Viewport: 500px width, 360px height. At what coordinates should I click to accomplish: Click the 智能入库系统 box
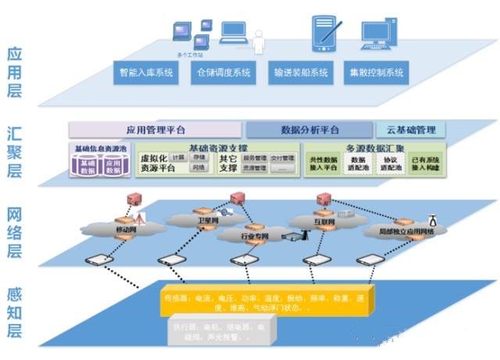click(x=146, y=73)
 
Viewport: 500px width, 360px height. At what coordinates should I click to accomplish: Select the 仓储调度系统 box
click(x=224, y=73)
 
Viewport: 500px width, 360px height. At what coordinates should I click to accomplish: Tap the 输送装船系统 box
click(x=301, y=73)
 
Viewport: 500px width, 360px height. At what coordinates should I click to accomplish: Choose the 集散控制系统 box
click(x=377, y=73)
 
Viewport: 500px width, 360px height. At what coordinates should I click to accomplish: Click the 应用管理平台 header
click(x=156, y=130)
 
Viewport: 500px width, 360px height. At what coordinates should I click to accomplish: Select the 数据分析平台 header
click(x=309, y=130)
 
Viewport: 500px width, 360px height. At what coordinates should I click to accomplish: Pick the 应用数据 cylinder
click(x=114, y=166)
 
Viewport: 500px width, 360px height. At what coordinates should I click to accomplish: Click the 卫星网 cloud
click(x=206, y=221)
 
